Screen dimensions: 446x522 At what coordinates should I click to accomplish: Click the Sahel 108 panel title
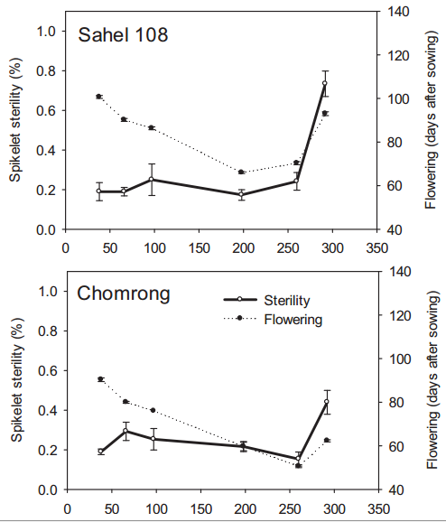pyautogui.click(x=123, y=34)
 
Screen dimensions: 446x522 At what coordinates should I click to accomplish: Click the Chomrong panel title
pyautogui.click(x=124, y=294)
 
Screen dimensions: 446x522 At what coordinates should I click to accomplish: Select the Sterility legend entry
pyautogui.click(x=266, y=300)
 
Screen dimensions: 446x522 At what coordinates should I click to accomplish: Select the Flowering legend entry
pyautogui.click(x=273, y=320)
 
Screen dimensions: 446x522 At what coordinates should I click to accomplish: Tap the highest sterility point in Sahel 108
pyautogui.click(x=325, y=83)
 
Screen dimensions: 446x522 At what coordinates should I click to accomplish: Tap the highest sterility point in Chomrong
pyautogui.click(x=327, y=402)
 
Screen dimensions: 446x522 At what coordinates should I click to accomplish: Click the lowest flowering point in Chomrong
pyautogui.click(x=298, y=466)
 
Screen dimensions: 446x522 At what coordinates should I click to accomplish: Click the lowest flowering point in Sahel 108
pyautogui.click(x=241, y=172)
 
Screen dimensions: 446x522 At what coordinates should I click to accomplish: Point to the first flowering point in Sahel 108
pyautogui.click(x=98, y=97)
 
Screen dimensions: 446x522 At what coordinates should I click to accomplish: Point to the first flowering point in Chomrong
pyautogui.click(x=100, y=378)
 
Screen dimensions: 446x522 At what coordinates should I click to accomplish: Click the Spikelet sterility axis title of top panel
pyautogui.click(x=15, y=120)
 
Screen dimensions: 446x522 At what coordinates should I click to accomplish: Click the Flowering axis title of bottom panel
pyautogui.click(x=432, y=380)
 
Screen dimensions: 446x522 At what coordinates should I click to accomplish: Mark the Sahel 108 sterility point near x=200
pyautogui.click(x=241, y=194)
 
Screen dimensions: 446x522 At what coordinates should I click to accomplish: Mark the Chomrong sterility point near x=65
pyautogui.click(x=125, y=431)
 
